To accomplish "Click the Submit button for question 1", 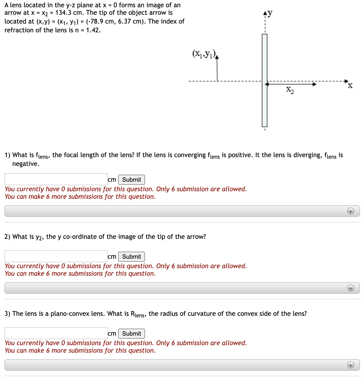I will point(131,180).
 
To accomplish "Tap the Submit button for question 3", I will point(131,334).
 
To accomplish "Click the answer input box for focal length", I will point(56,179).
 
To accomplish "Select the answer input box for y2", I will point(56,256).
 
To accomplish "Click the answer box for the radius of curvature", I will point(56,333).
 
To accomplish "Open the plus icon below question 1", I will point(350,211).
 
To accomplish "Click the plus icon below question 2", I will point(350,288).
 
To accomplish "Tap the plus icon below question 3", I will point(350,365).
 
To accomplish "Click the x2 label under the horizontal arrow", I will point(290,90).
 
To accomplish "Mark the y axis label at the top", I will point(270,13).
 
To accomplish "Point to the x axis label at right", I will point(350,86).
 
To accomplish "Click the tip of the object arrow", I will point(217,57).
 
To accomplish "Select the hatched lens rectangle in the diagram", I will point(265,80).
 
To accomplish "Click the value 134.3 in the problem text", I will point(63,13).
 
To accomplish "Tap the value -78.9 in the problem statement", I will point(95,22).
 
